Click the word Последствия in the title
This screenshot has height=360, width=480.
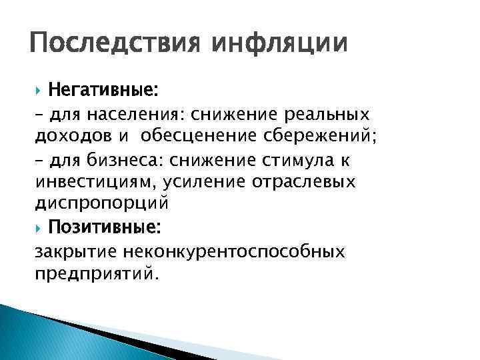[107, 45]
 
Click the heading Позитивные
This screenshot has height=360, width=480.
[104, 229]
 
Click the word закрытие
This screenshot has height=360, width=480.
[74, 253]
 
